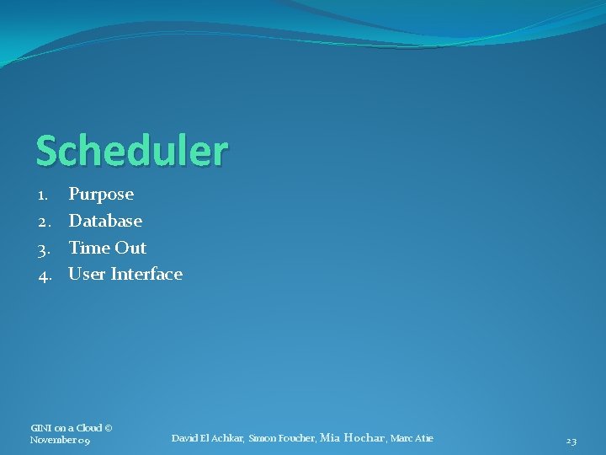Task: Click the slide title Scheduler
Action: (131, 151)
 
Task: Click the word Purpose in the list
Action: (101, 195)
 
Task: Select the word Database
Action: (105, 221)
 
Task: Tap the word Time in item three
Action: (88, 248)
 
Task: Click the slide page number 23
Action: (571, 441)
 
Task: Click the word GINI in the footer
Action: (41, 428)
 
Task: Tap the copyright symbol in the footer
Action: (109, 428)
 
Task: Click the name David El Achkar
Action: (207, 438)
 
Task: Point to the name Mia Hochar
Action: (352, 437)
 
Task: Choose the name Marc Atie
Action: (412, 438)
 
